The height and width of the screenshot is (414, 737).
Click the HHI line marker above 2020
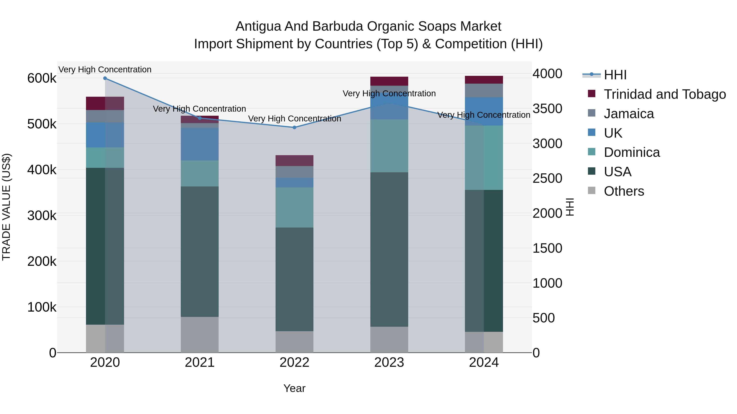coord(105,78)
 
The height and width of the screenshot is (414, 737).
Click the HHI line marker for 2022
coord(294,127)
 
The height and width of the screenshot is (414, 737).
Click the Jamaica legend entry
coord(628,114)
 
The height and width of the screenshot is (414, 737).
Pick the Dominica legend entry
coord(631,152)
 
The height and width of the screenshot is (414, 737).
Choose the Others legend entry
coord(624,191)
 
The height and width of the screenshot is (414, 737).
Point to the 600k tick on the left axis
coord(42,78)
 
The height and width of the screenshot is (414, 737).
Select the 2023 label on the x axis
coord(389,362)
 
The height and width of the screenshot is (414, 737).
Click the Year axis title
coord(294,388)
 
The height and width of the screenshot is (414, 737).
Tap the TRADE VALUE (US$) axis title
coord(7,207)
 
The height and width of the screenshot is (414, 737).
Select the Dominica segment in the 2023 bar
coord(389,146)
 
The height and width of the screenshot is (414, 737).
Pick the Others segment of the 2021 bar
coord(199,334)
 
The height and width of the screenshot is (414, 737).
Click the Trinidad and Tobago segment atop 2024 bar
coord(484,80)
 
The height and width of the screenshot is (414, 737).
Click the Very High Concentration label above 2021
coord(199,109)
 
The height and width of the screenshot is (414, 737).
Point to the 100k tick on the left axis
coord(42,307)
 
